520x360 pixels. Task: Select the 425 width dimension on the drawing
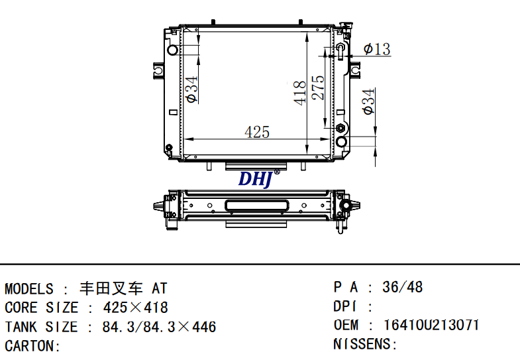(x=257, y=132)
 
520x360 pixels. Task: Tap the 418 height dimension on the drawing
(x=300, y=93)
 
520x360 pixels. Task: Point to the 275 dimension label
(x=318, y=88)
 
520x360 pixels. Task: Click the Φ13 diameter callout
(x=377, y=49)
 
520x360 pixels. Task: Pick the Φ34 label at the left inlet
(x=191, y=90)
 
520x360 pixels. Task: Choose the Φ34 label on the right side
(x=368, y=101)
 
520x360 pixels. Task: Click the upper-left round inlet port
(x=172, y=50)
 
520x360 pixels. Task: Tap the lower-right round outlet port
(x=341, y=142)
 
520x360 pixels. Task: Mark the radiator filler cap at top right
(x=346, y=26)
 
